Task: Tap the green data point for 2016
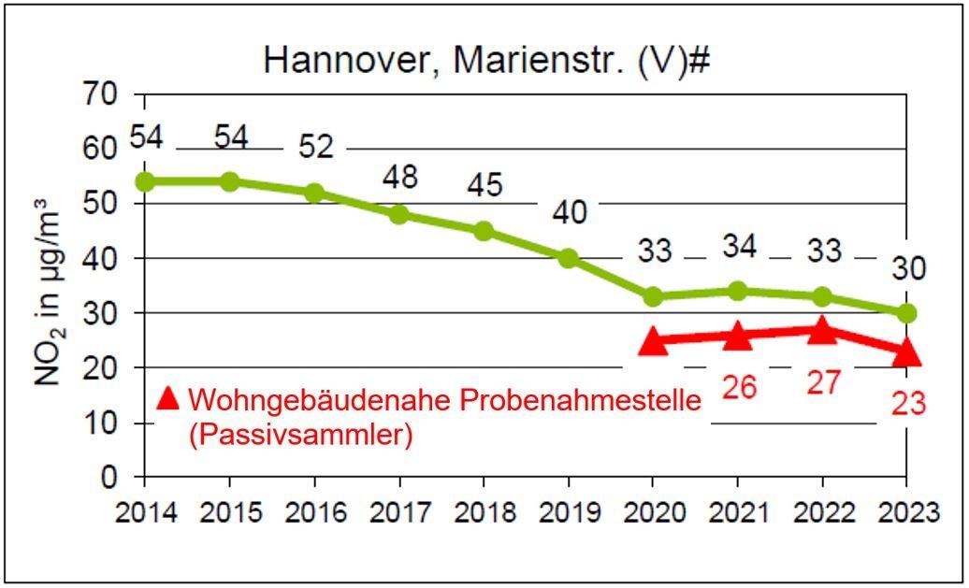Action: tap(314, 193)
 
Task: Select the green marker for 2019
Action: tap(568, 258)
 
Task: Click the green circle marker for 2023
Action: tap(905, 312)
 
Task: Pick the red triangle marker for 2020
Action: tap(653, 342)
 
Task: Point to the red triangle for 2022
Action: tap(822, 330)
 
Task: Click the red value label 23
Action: tap(907, 403)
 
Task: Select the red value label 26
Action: tap(739, 386)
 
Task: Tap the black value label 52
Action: tap(316, 147)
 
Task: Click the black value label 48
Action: tap(399, 176)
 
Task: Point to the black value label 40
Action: tap(568, 212)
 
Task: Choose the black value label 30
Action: tap(907, 269)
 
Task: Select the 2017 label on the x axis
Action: tap(399, 513)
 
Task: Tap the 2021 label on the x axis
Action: tap(737, 513)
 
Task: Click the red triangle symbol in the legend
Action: tap(167, 398)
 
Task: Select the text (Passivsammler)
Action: tap(300, 436)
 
